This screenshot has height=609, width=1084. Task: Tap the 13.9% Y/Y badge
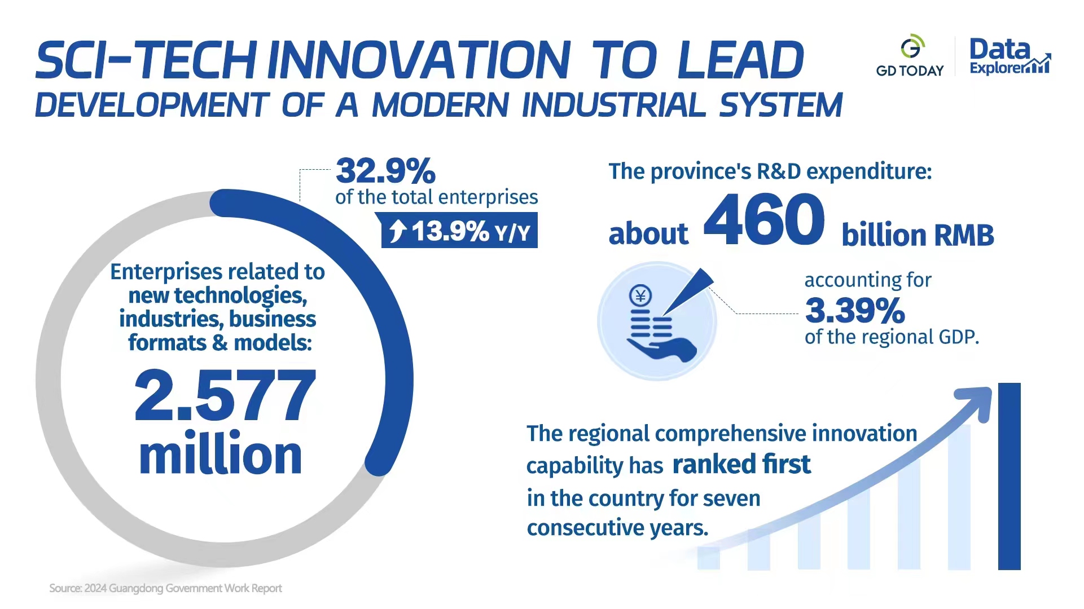459,231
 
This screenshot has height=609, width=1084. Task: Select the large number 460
764,219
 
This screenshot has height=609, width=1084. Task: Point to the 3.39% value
855,310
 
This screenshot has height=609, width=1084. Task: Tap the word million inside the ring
220,455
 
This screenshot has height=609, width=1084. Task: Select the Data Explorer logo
1009,56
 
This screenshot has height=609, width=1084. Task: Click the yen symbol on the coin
640,295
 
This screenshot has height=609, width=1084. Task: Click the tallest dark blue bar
1009,476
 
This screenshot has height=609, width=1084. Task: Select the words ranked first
741,465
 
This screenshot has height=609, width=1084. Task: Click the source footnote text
165,588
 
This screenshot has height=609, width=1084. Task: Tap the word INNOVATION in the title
418,60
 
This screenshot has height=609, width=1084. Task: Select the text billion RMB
917,235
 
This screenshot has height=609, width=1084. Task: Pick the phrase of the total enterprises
436,197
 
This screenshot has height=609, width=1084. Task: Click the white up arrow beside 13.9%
398,231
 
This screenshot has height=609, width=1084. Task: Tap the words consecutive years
617,528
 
